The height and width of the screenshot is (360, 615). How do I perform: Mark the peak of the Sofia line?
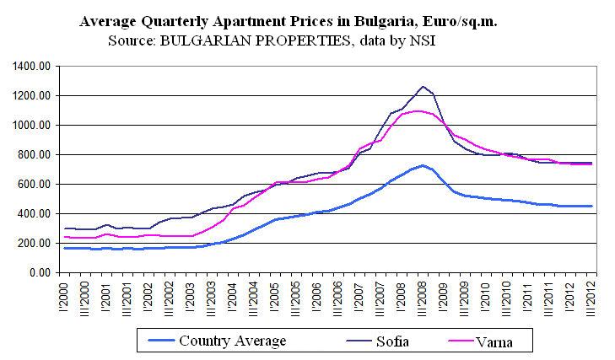coord(423,86)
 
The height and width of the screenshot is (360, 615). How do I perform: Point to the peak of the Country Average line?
coord(423,165)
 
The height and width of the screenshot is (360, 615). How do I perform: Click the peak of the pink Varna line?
coord(418,111)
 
